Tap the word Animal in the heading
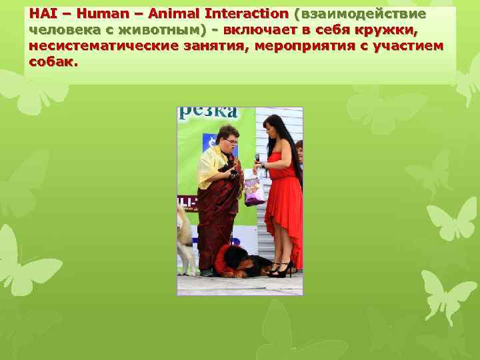(x=165, y=14)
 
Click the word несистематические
(x=104, y=46)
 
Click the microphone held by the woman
(x=257, y=159)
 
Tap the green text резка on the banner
(x=207, y=112)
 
